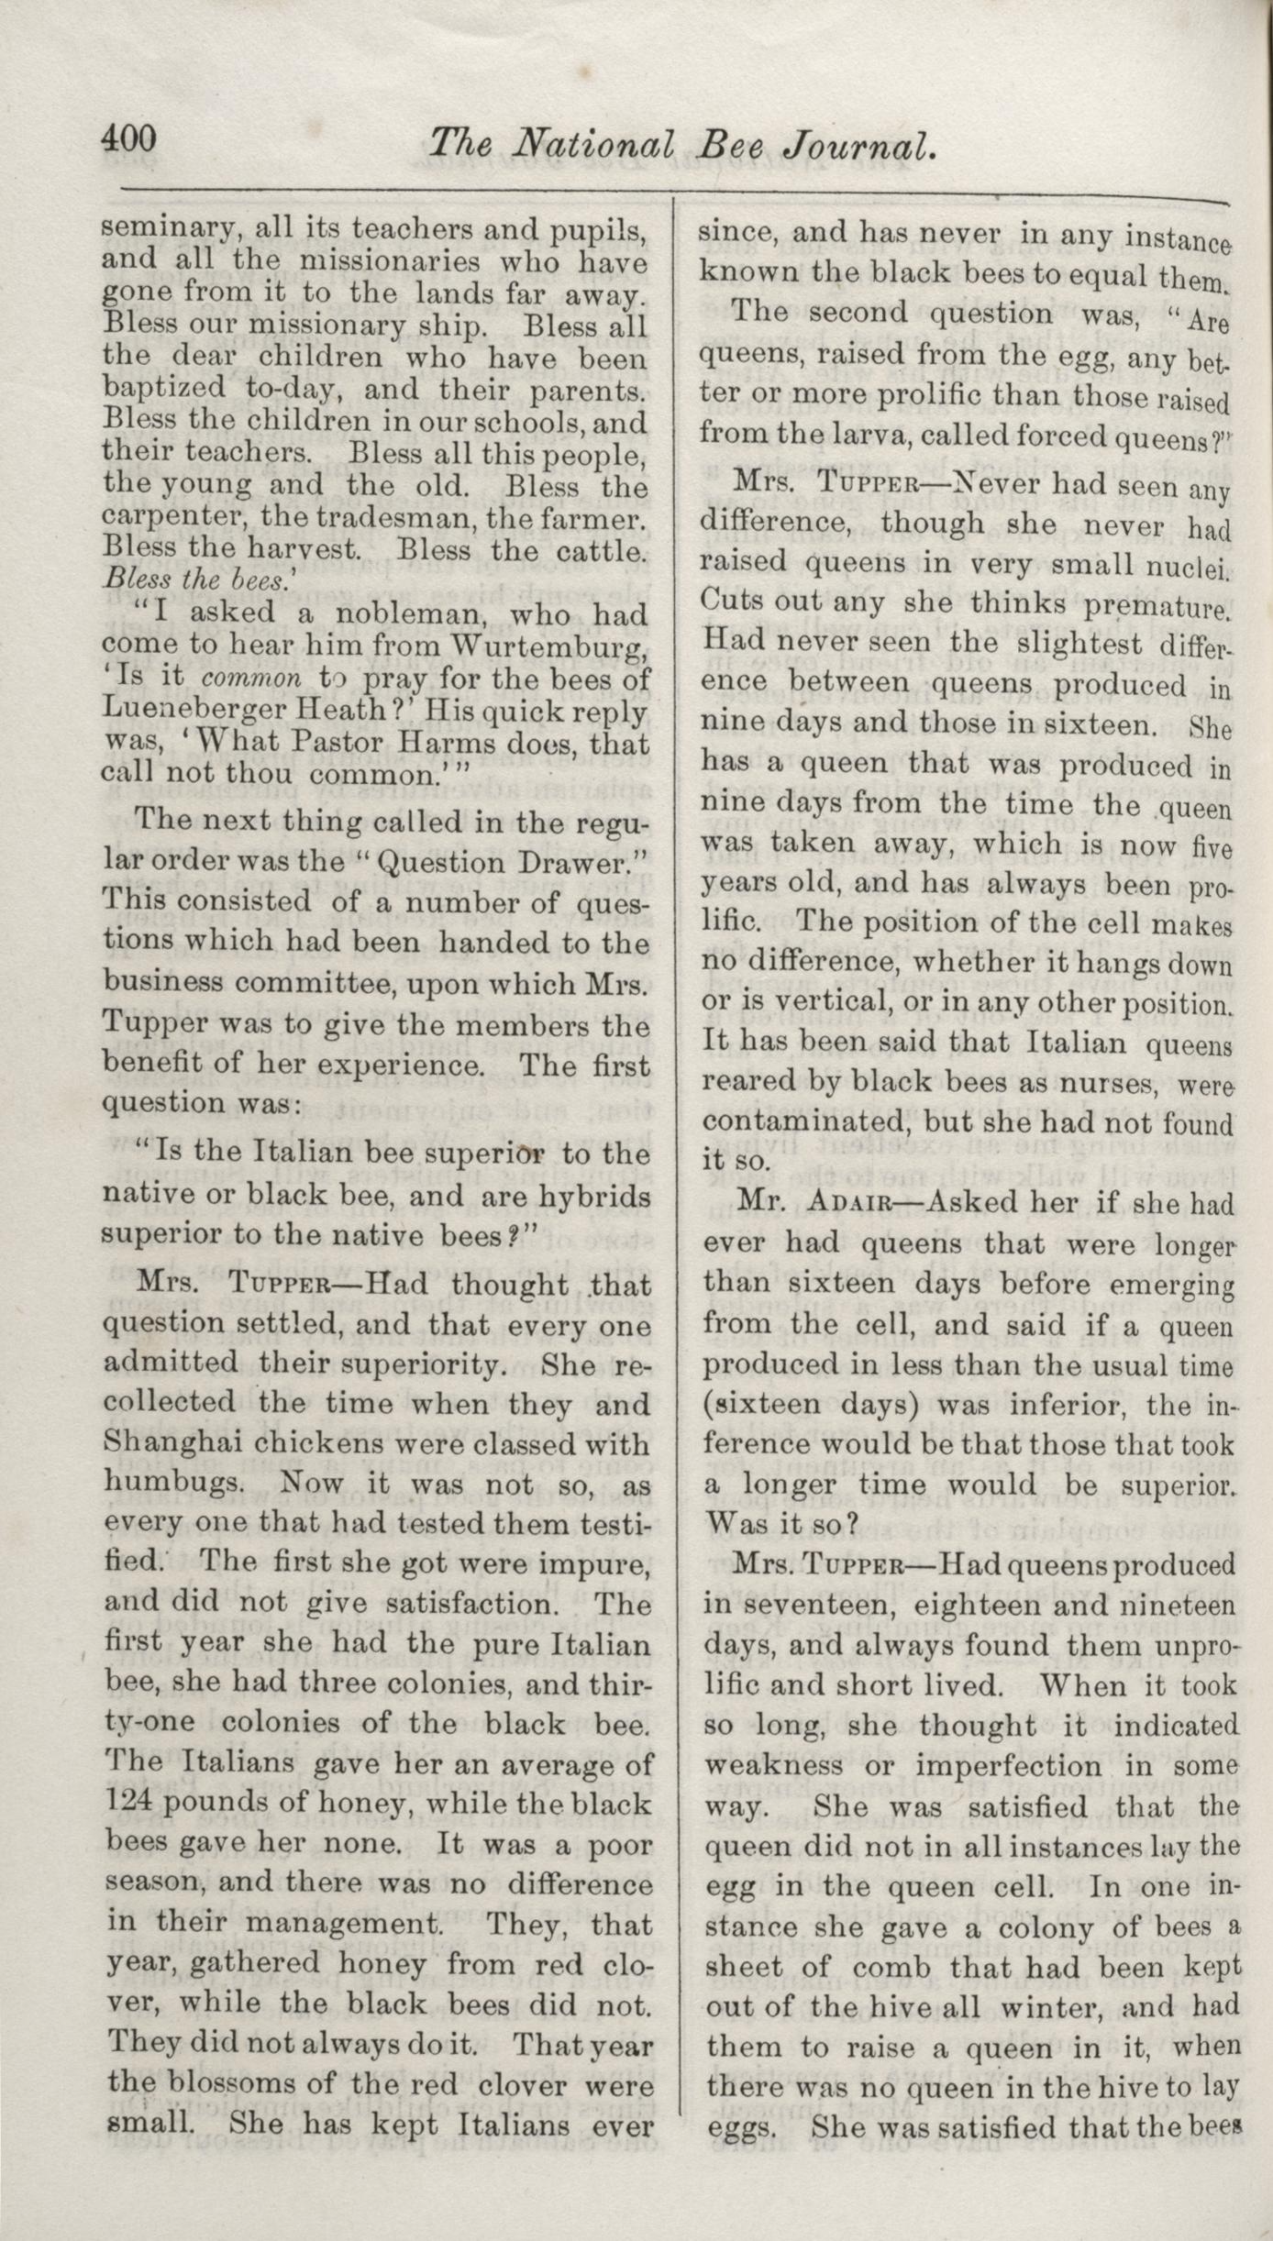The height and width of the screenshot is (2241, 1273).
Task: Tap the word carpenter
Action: click(172, 519)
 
